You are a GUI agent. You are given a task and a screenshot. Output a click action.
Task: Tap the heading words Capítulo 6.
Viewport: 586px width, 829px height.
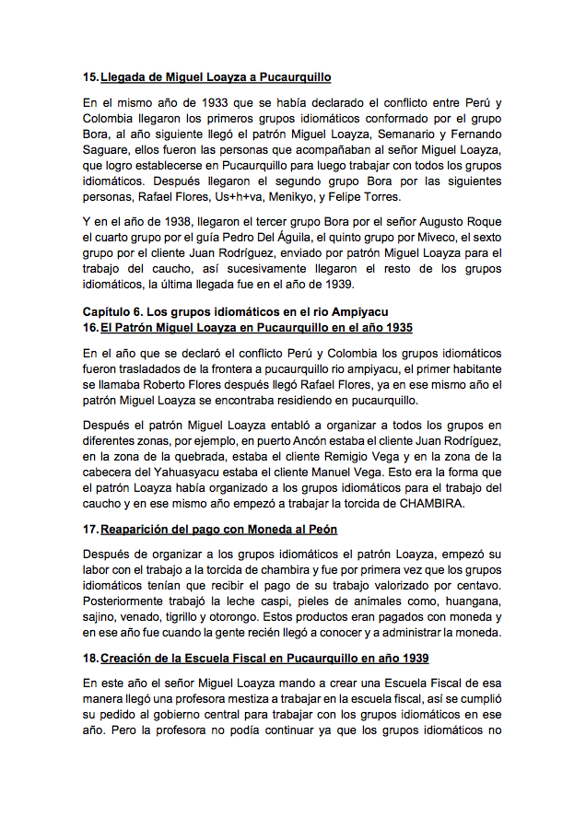click(x=115, y=313)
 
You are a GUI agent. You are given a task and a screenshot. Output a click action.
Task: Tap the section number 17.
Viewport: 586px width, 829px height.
click(x=89, y=530)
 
